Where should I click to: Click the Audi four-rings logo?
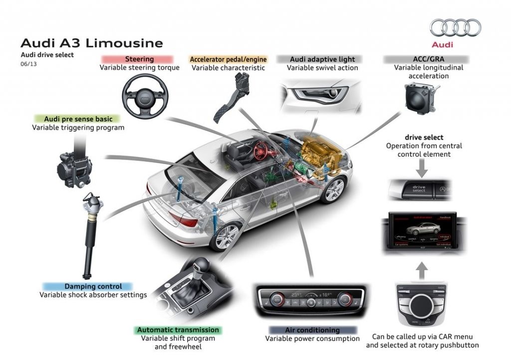point(455,28)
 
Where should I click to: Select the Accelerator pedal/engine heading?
point(228,59)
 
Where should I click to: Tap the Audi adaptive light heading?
point(322,59)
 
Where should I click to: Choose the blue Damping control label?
point(93,286)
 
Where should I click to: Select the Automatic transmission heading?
point(178,330)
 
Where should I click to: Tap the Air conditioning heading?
point(312,330)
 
